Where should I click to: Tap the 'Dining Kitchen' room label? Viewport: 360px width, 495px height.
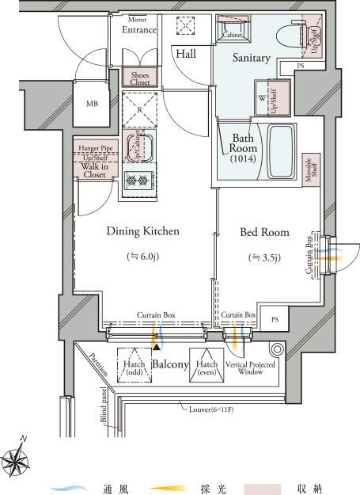click(x=143, y=232)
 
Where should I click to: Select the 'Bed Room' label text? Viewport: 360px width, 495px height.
click(x=264, y=233)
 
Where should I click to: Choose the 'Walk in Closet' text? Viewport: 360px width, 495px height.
click(x=94, y=169)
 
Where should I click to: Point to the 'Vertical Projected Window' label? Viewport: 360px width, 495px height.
click(x=245, y=365)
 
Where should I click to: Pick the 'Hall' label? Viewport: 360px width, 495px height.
click(x=187, y=54)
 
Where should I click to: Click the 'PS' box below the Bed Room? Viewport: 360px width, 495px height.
click(x=275, y=319)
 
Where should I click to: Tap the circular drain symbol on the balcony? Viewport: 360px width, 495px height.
click(x=278, y=348)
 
